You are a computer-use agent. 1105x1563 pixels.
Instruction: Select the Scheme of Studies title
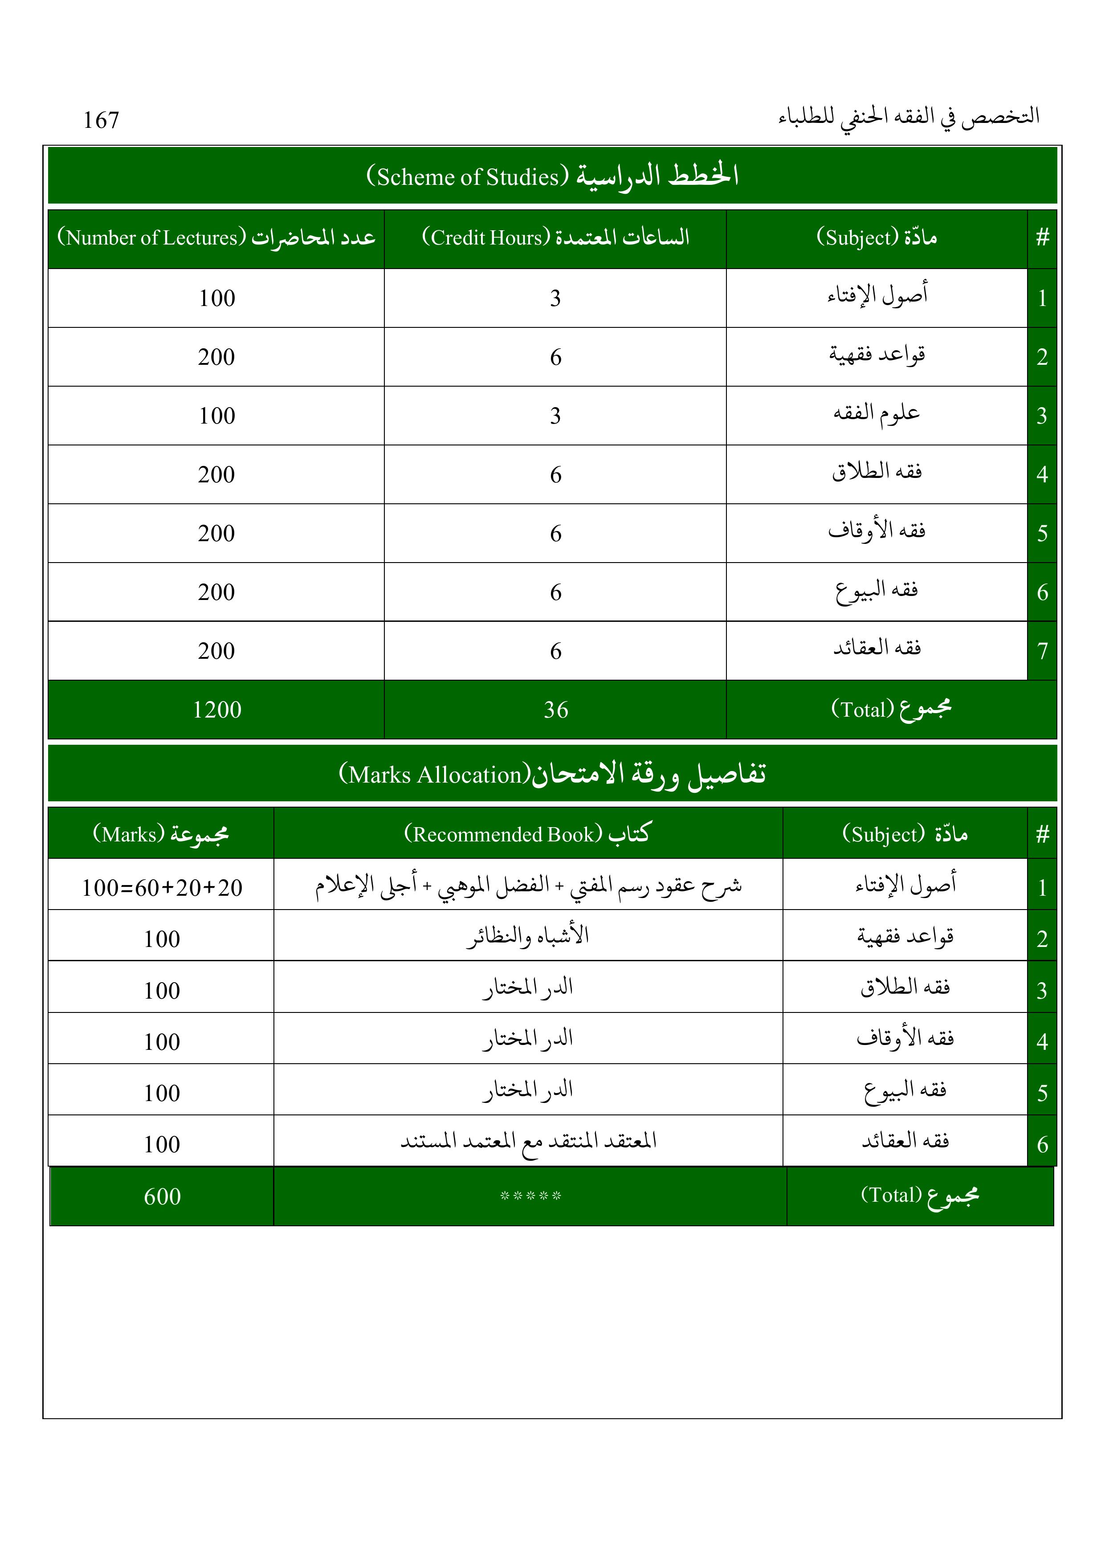click(552, 175)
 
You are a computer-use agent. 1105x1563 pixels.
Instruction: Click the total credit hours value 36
click(555, 710)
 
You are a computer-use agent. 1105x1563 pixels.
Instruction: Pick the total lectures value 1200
click(216, 710)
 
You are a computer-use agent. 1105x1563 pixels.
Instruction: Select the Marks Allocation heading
click(552, 774)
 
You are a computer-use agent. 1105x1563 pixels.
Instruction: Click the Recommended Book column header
click(528, 833)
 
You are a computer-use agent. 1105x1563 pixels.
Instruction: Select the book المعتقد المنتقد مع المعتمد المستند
click(528, 1141)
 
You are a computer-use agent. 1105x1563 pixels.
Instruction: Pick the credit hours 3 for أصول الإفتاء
click(555, 298)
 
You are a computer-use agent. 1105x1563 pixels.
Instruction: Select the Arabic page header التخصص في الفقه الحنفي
click(909, 118)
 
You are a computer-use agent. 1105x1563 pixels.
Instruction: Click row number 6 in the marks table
click(1042, 1144)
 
